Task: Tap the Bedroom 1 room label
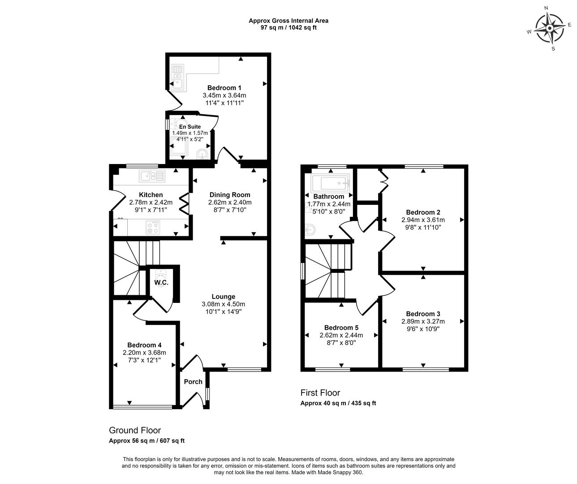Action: pyautogui.click(x=224, y=88)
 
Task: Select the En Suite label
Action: pyautogui.click(x=190, y=126)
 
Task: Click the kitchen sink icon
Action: pyautogui.click(x=152, y=176)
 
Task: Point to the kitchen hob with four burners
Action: pyautogui.click(x=153, y=228)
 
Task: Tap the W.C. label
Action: pyautogui.click(x=161, y=282)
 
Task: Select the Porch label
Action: pyautogui.click(x=193, y=382)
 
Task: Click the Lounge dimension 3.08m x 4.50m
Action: pyautogui.click(x=223, y=304)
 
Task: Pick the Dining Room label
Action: pyautogui.click(x=230, y=195)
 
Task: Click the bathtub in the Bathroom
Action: pyautogui.click(x=330, y=183)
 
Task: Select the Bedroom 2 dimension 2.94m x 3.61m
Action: pyautogui.click(x=423, y=220)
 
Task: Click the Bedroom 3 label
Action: pyautogui.click(x=423, y=314)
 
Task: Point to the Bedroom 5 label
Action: pyautogui.click(x=341, y=328)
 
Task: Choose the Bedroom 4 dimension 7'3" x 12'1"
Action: pyautogui.click(x=145, y=360)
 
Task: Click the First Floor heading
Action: pyautogui.click(x=320, y=393)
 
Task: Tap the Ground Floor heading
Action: pyautogui.click(x=135, y=430)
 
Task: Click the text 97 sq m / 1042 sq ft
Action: pyautogui.click(x=288, y=28)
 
